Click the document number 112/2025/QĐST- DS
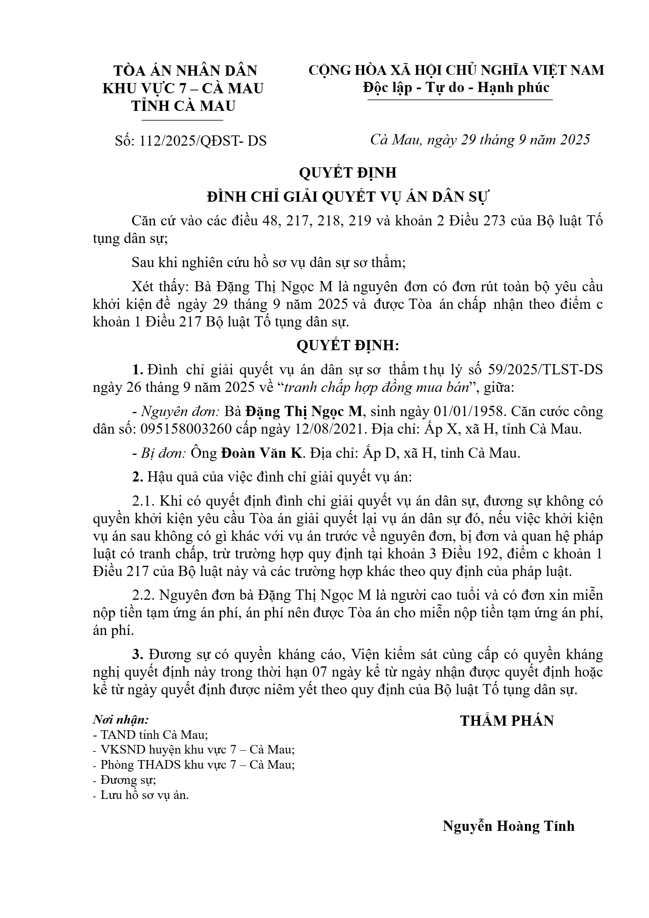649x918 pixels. point(203,141)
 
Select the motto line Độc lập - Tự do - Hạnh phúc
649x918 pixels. point(456,88)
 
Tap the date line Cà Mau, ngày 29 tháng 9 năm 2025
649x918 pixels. point(480,140)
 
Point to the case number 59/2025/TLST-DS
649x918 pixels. point(546,370)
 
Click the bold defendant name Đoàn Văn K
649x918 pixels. point(262,453)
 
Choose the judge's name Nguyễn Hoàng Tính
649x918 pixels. point(508,826)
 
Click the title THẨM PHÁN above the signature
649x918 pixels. point(507,721)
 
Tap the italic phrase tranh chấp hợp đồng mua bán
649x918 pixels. point(376,387)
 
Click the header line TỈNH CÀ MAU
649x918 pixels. point(183,106)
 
